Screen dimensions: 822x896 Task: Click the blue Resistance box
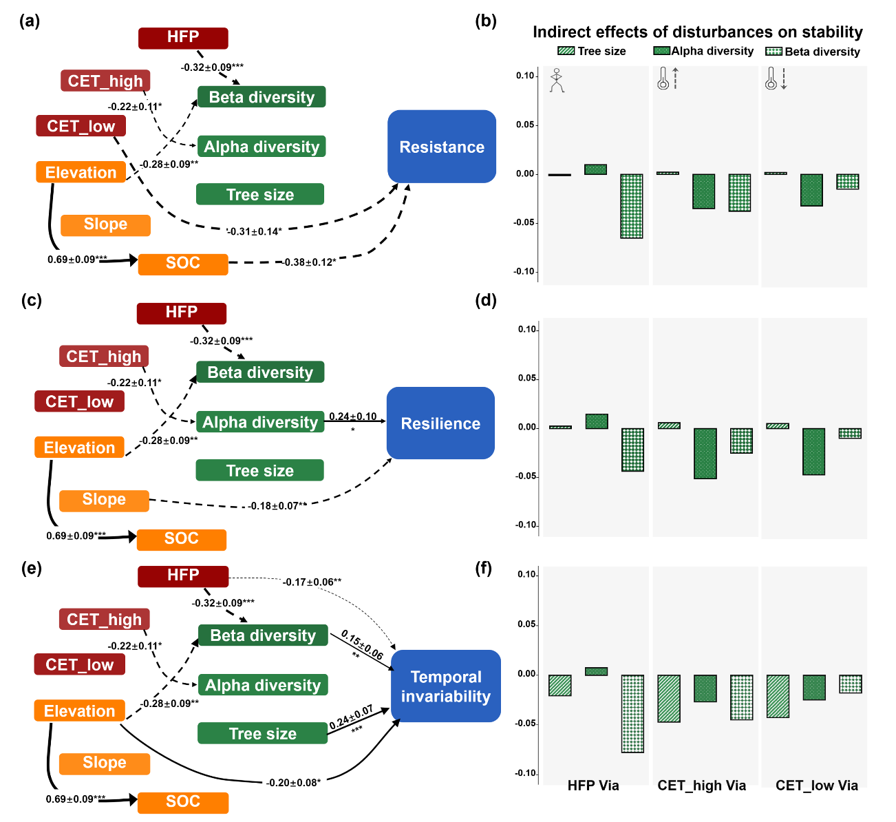tap(442, 147)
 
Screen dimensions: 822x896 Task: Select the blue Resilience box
tap(440, 423)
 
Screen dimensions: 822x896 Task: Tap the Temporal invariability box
tap(446, 686)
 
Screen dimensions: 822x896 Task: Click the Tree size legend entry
tap(592, 51)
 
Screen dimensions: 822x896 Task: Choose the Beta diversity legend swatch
tap(774, 51)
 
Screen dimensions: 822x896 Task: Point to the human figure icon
tap(557, 81)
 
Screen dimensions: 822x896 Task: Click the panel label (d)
tap(486, 300)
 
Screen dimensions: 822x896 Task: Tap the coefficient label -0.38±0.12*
tap(309, 262)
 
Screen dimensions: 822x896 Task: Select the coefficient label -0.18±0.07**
tap(278, 506)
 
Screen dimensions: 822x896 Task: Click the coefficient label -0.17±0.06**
tap(312, 582)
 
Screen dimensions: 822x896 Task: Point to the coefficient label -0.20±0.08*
tap(293, 782)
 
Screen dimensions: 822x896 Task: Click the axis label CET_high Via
tap(701, 786)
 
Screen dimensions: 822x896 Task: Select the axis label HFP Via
tap(593, 786)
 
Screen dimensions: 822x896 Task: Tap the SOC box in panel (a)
tap(183, 264)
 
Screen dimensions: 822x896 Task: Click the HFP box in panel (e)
tap(183, 576)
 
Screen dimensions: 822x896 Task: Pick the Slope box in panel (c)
tap(104, 500)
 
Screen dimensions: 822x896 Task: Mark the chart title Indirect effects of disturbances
tap(697, 32)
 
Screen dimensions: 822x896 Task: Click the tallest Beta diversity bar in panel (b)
tap(631, 206)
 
